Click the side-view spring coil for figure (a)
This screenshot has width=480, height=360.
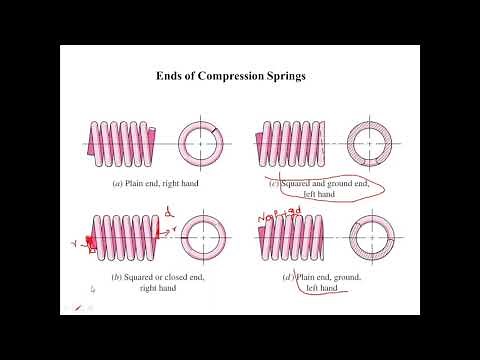coord(122,143)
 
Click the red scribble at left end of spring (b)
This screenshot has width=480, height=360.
coord(87,240)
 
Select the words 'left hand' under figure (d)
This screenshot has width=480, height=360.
coord(321,288)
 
